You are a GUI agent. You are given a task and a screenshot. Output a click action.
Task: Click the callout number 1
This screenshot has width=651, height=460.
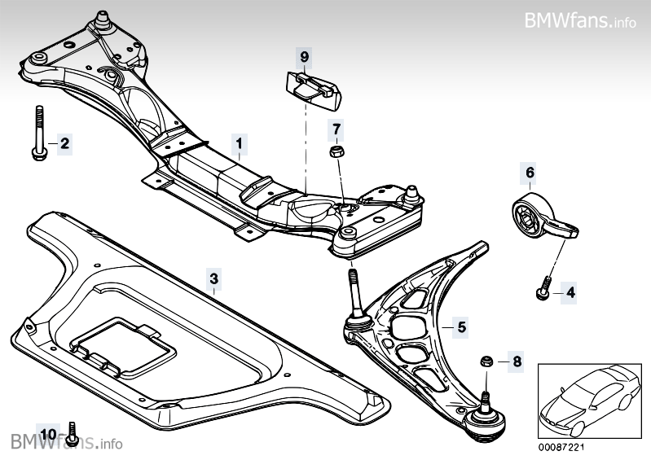(x=239, y=144)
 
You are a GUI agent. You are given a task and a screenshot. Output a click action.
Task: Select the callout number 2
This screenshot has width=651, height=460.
(x=64, y=145)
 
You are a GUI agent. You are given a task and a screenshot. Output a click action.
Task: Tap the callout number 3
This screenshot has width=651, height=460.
(x=213, y=278)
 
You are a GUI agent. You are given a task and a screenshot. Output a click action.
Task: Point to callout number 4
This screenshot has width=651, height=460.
(x=570, y=291)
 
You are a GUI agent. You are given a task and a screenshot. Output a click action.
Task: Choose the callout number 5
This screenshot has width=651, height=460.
(x=461, y=327)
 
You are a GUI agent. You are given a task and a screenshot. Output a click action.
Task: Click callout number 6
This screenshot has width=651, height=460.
(x=530, y=173)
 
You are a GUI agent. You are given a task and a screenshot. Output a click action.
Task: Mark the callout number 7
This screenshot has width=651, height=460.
(x=336, y=129)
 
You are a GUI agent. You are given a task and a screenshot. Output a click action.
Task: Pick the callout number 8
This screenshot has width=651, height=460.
(x=515, y=360)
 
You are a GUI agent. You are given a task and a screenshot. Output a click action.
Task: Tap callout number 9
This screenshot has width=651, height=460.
(x=304, y=57)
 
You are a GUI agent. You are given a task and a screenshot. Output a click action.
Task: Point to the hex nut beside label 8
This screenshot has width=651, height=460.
(x=485, y=360)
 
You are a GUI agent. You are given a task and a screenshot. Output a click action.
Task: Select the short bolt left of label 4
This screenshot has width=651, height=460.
(x=543, y=286)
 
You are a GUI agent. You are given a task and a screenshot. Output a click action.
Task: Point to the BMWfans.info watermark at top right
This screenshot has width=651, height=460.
(x=580, y=20)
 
